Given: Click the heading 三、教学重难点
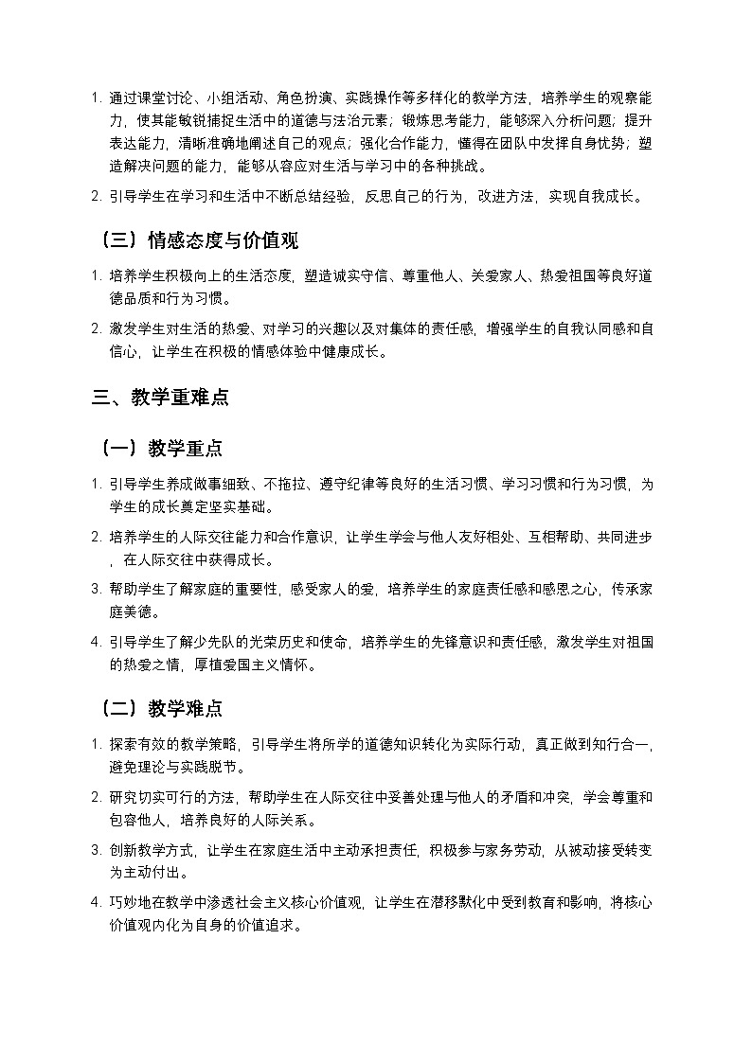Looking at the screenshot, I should [x=160, y=399].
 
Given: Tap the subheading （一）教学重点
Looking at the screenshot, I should [x=160, y=448].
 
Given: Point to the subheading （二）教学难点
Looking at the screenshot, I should [x=160, y=709].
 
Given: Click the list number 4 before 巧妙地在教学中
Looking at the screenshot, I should [x=97, y=903].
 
